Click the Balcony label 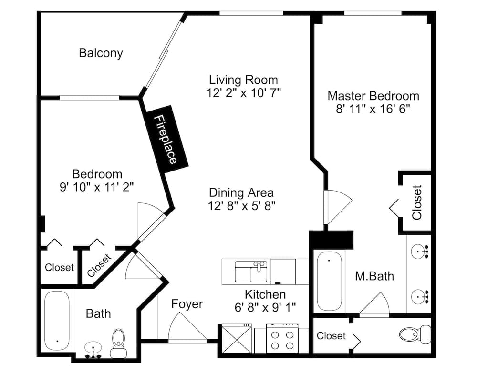[x=101, y=53]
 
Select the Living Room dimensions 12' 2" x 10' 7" [x=243, y=92]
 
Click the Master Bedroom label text [x=373, y=96]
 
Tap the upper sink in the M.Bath [x=419, y=250]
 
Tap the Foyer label [x=187, y=304]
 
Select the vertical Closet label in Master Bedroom [x=417, y=202]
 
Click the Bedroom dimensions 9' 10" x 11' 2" [x=97, y=187]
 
